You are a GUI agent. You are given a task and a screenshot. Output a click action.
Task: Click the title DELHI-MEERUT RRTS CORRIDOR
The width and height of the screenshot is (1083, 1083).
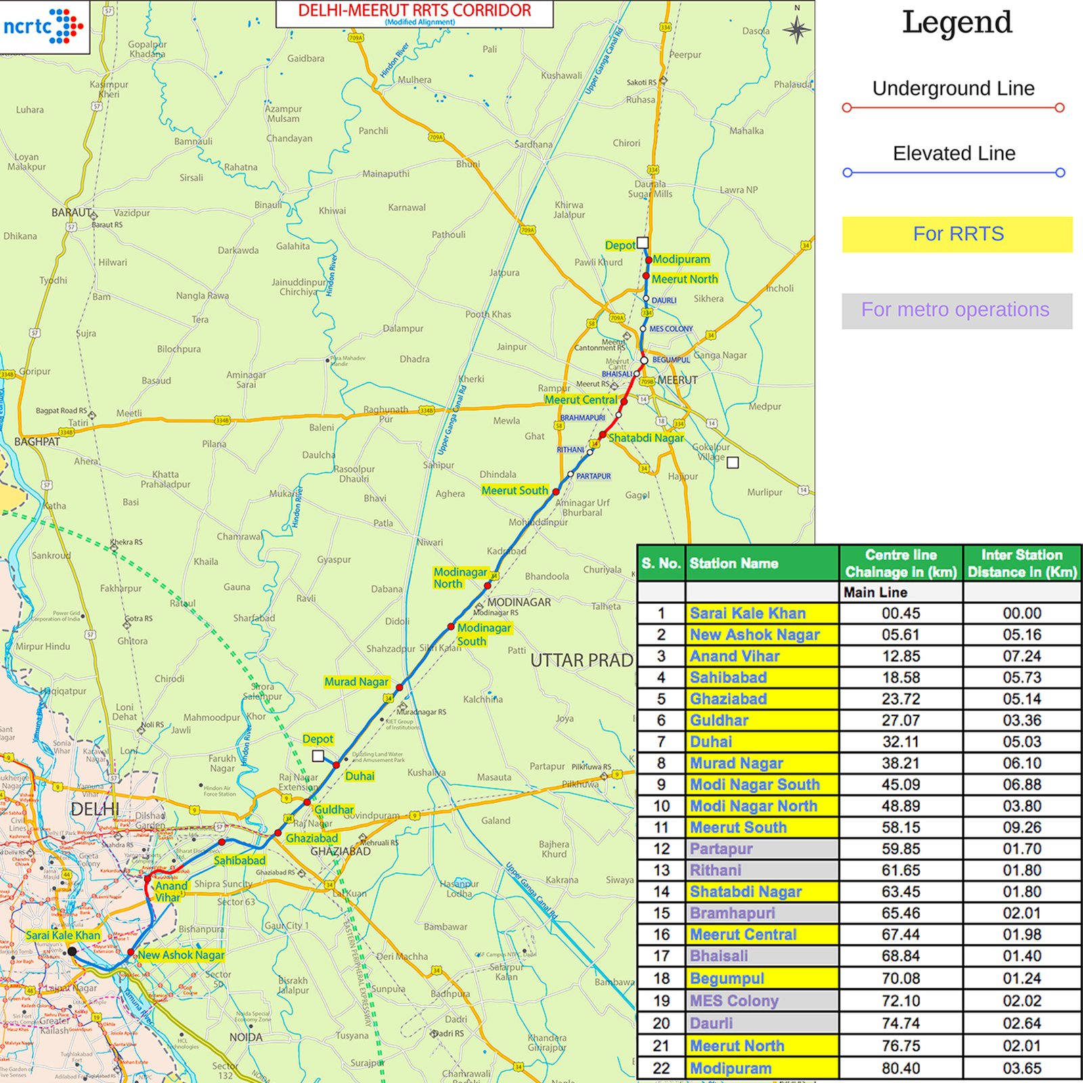[x=414, y=12]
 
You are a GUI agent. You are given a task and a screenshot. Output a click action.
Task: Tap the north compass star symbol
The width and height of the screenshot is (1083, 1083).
[x=797, y=29]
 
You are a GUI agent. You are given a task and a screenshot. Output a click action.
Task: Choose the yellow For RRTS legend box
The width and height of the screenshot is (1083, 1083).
[x=957, y=234]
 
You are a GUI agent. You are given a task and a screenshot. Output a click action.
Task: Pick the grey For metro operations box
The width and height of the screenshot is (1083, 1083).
[x=956, y=311]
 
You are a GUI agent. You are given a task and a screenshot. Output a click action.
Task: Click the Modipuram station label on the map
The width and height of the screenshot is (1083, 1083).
[x=681, y=259]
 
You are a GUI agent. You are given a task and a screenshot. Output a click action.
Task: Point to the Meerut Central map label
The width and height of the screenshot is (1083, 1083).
[x=581, y=400]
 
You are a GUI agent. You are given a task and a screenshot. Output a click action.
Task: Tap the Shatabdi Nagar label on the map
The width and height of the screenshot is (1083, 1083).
[x=646, y=438]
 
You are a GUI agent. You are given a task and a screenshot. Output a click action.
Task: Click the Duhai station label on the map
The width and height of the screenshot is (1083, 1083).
[x=359, y=776]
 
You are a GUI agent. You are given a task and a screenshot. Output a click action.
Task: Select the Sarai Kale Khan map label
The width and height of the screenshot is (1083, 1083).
[x=63, y=935]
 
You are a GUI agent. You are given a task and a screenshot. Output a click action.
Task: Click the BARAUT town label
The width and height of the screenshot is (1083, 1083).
[x=71, y=213]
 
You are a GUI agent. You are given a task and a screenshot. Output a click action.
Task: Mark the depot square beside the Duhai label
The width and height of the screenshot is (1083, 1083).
[x=318, y=755]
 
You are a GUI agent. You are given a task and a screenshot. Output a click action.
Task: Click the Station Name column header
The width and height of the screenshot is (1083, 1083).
[x=734, y=563]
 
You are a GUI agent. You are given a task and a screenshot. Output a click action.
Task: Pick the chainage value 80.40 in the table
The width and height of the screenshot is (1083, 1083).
[x=900, y=1068]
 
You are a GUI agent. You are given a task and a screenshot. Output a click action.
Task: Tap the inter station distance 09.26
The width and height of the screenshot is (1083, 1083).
[x=1021, y=827]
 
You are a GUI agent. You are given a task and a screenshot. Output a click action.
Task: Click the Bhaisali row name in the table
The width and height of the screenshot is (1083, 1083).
[x=719, y=956]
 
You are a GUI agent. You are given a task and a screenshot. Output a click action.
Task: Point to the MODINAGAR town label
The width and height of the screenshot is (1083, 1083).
[x=519, y=602]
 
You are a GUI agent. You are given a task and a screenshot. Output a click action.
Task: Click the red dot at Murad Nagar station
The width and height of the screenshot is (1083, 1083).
[x=399, y=687]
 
